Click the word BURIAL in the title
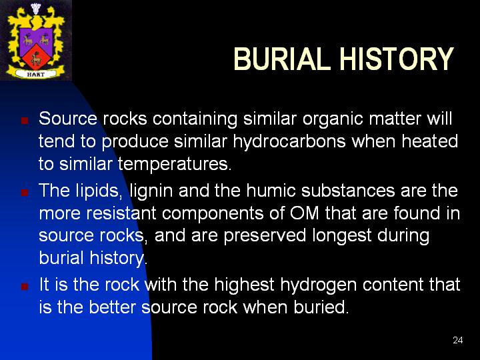tap(282, 59)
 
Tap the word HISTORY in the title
tap(397, 59)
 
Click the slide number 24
tap(457, 340)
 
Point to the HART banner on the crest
tap(36, 74)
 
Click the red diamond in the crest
tap(36, 57)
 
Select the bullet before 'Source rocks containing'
tap(25, 120)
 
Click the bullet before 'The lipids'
tap(25, 192)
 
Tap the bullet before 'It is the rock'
tap(25, 286)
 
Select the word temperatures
tap(175, 164)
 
